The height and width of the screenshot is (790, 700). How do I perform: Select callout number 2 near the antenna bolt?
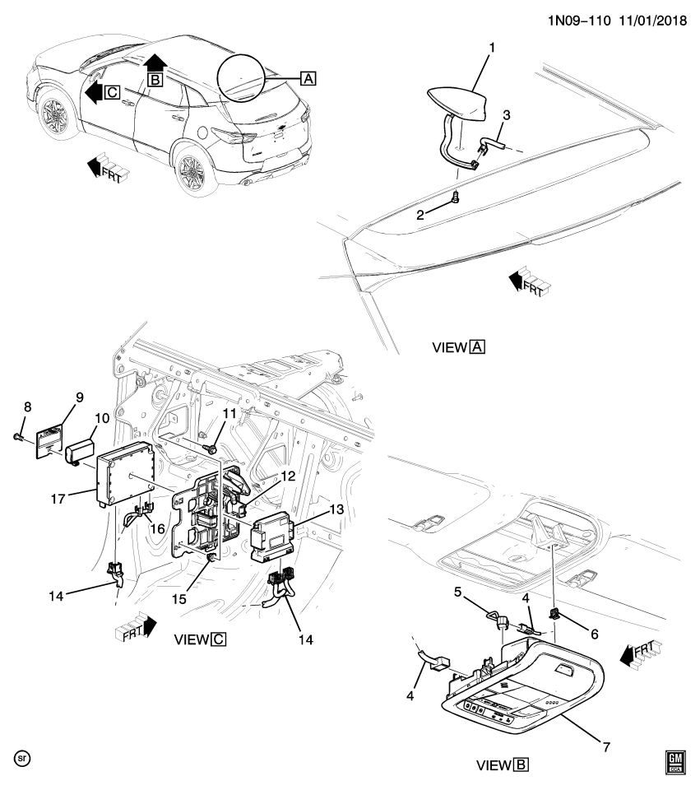[420, 215]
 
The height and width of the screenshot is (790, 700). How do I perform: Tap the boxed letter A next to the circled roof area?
[308, 79]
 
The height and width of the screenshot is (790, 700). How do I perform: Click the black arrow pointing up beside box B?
[155, 63]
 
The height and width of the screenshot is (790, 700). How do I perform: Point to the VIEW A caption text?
[459, 347]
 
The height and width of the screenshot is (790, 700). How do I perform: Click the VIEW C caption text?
[200, 639]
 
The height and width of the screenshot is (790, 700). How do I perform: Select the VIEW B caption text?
[503, 765]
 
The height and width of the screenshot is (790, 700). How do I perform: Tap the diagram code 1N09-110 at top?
[579, 21]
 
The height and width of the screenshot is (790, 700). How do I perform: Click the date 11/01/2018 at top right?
[652, 21]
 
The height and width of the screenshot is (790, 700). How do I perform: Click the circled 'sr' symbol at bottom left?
[22, 758]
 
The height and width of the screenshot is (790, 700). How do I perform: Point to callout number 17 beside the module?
[58, 499]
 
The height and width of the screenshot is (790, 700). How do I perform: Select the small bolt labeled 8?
[17, 436]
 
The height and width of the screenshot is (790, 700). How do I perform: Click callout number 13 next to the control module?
[336, 509]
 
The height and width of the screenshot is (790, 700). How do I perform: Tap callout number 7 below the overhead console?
[606, 746]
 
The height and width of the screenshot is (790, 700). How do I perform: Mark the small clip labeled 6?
[554, 614]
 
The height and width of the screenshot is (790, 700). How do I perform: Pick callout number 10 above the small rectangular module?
[102, 418]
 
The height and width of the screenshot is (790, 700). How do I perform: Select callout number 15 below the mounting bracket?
[178, 598]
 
